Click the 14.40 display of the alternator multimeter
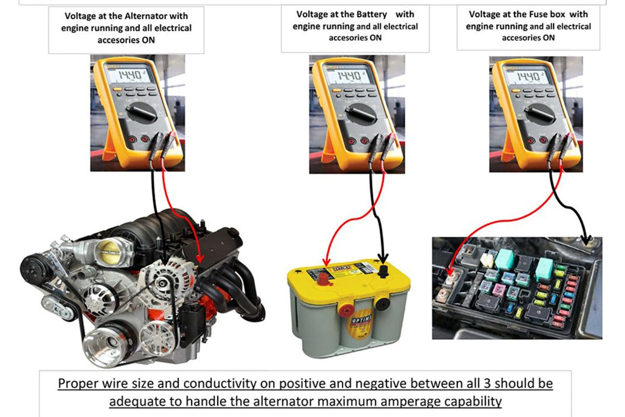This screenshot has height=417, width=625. [129, 75]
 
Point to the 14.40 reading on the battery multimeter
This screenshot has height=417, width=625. [348, 76]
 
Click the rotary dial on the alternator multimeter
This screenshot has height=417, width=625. [142, 112]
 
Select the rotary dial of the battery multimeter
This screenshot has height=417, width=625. [361, 113]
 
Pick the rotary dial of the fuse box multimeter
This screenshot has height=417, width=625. [540, 113]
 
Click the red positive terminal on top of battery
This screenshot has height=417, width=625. [323, 279]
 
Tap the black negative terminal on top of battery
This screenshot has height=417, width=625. [383, 271]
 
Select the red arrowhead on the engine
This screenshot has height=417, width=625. [199, 259]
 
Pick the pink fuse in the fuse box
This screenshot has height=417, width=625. [498, 290]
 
